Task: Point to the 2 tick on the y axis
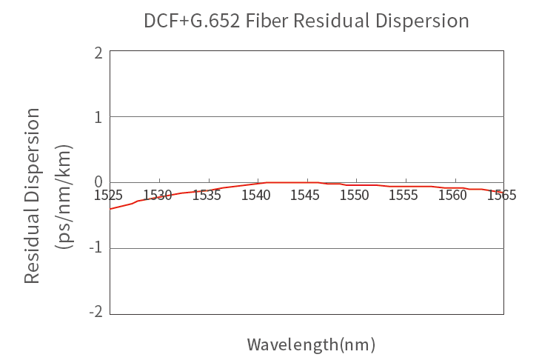coord(98,53)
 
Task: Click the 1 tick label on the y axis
coord(98,117)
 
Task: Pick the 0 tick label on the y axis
coord(98,182)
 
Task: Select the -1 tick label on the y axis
coord(95,247)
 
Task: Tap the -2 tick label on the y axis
coord(95,313)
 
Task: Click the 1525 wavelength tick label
coord(109,196)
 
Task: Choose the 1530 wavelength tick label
coord(158,196)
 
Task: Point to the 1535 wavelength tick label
coord(207,196)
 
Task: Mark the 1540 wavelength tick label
coord(256,196)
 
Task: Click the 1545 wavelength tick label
coord(306,196)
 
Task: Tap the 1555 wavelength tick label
coord(404,196)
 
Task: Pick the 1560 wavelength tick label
coord(453,196)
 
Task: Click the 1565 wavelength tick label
coord(502,196)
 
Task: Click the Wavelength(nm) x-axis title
coord(311,344)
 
